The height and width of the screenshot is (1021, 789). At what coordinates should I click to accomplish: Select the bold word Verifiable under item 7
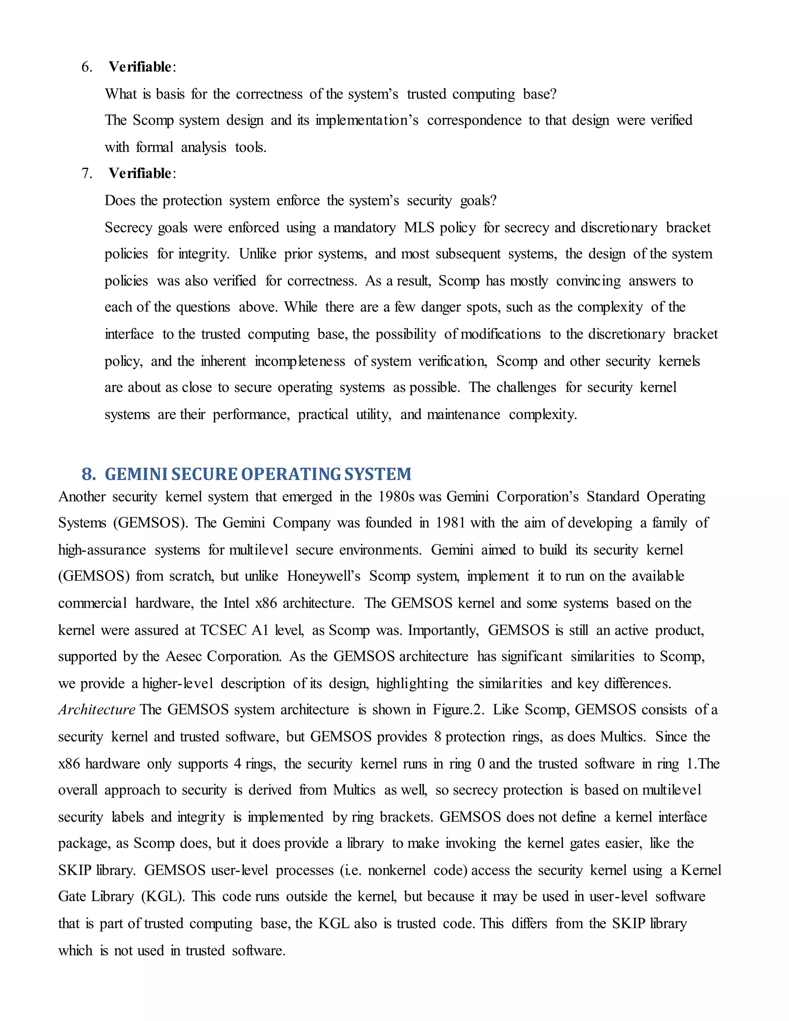coord(140,173)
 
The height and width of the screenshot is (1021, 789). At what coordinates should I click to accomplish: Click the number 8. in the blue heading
coord(89,474)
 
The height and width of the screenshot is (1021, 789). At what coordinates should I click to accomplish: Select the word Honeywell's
coord(324,576)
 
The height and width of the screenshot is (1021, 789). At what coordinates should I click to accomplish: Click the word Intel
coord(237,603)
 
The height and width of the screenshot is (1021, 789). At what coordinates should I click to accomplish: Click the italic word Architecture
coord(97,710)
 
